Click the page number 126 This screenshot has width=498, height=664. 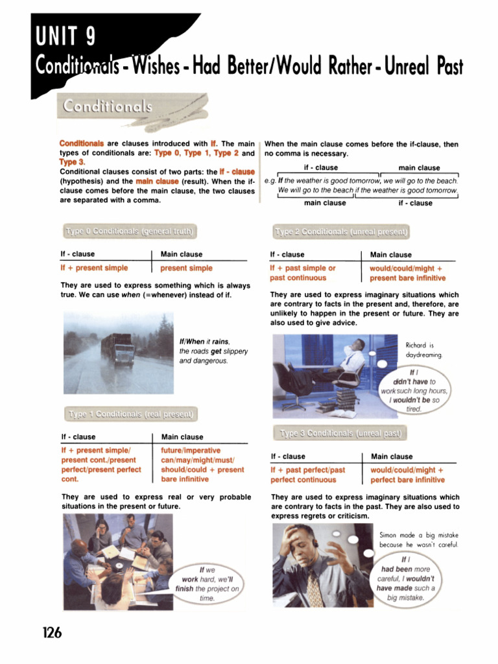49,632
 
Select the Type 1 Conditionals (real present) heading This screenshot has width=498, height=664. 130,414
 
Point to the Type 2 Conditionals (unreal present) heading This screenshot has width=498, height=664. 341,231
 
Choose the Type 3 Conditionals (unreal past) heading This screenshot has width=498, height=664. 340,433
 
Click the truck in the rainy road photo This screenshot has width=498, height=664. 118,349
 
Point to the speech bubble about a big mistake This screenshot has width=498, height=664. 405,578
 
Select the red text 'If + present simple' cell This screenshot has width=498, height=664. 94,268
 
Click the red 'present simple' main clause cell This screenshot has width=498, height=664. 186,268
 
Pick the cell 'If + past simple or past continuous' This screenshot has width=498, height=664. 303,273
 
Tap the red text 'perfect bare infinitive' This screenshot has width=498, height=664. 407,480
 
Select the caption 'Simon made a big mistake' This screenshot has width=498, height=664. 418,535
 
